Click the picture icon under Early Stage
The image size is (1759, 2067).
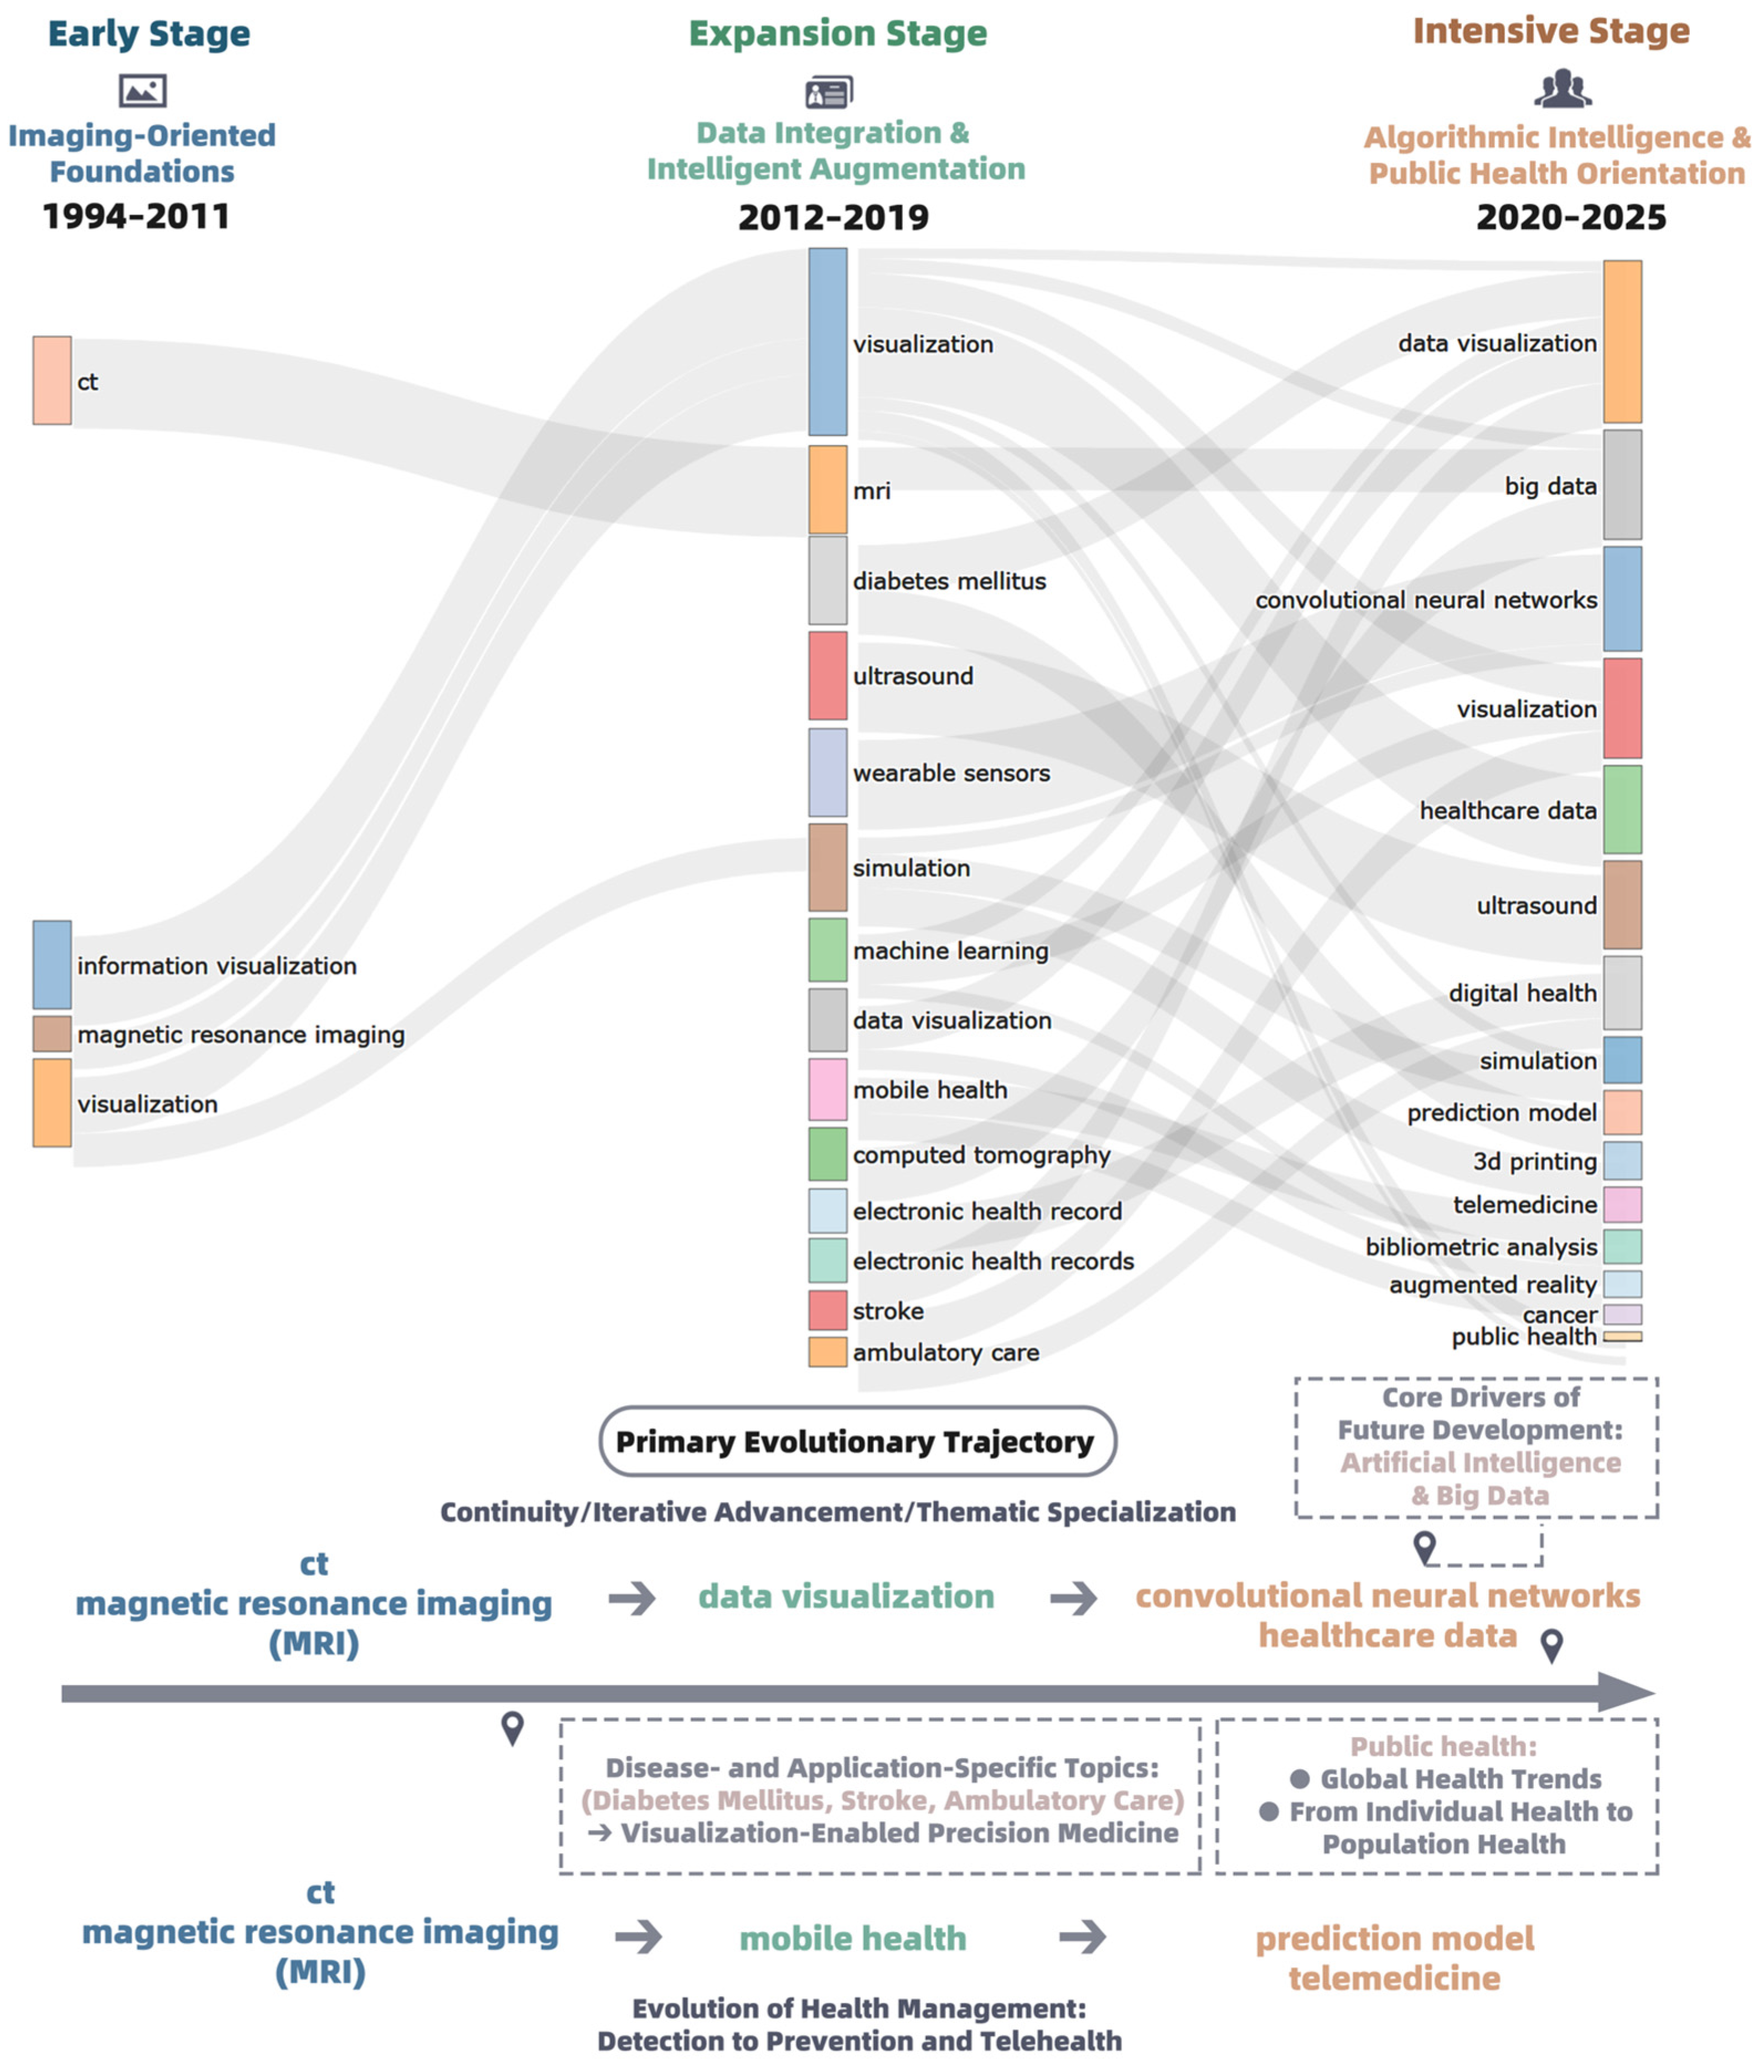143,91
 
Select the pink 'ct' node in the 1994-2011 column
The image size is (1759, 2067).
52,380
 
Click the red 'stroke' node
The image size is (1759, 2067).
827,1310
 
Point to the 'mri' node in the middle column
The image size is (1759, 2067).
827,490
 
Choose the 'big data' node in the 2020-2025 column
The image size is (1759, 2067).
1622,485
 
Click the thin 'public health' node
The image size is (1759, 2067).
1622,1336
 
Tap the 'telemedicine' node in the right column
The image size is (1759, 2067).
1622,1204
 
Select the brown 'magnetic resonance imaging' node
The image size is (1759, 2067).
52,1034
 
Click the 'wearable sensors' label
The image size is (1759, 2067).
951,773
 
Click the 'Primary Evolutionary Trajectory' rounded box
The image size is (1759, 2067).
857,1441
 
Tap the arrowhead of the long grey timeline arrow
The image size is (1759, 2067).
1626,1692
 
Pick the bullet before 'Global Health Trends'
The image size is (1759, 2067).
1299,1779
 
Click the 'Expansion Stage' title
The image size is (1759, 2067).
837,33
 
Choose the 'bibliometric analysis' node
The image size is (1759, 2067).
1622,1246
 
